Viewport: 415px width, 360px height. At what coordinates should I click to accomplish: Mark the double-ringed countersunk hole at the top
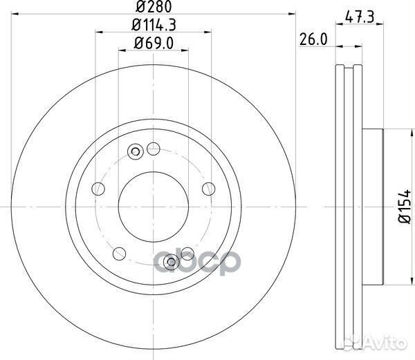(136, 152)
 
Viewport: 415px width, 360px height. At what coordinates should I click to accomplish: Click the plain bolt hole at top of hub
(154, 148)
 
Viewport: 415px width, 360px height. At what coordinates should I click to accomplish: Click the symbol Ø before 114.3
(134, 27)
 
